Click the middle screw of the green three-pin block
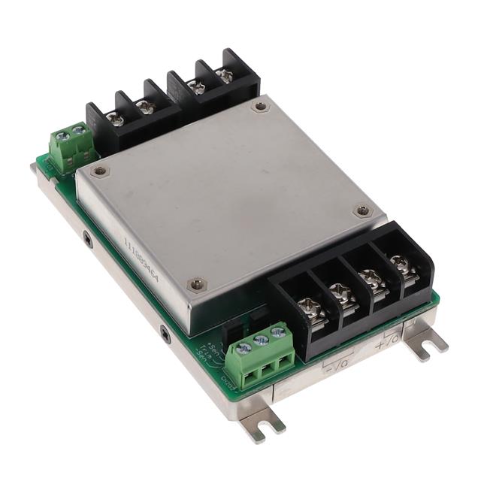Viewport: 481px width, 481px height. (x=262, y=341)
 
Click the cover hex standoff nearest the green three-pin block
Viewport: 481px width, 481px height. (x=197, y=283)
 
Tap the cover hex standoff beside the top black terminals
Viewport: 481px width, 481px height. (x=260, y=107)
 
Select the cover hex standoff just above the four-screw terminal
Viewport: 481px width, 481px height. (x=364, y=211)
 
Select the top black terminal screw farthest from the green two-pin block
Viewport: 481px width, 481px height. (x=224, y=75)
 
